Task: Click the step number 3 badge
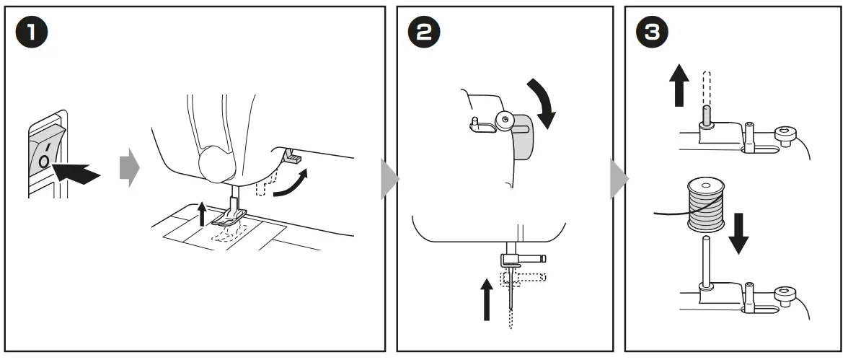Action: coord(651,33)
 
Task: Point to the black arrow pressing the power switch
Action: coord(77,172)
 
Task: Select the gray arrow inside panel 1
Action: coord(128,167)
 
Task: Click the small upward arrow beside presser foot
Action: coord(203,215)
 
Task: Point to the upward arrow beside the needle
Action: coord(487,299)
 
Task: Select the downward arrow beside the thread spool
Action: coord(738,235)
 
